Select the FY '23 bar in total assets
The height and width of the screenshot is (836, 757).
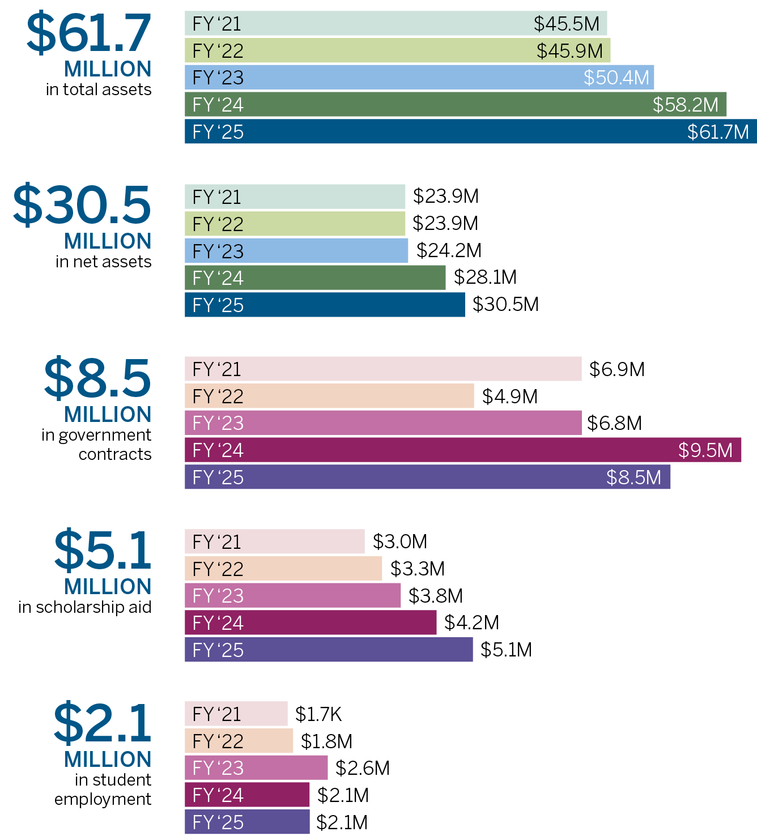(x=419, y=78)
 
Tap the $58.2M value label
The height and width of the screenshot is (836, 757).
(x=685, y=105)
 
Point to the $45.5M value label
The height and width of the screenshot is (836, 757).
(x=566, y=24)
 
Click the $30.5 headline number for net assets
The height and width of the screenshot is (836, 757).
(x=82, y=205)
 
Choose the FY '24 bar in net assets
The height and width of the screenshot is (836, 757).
(x=315, y=278)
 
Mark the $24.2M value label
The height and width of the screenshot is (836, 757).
(x=449, y=250)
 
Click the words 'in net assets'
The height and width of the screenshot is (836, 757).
(x=104, y=262)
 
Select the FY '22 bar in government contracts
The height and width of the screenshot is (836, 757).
(x=329, y=396)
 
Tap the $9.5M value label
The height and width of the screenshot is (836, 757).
(x=705, y=450)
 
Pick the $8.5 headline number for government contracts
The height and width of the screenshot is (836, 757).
(x=97, y=378)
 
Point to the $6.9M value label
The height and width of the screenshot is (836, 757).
(x=616, y=369)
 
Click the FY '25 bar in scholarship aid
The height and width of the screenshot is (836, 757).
(x=329, y=650)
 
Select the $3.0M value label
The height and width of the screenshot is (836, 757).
(x=399, y=541)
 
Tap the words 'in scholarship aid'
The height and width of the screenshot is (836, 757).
(x=85, y=607)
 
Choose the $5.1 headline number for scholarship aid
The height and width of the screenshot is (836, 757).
(x=103, y=550)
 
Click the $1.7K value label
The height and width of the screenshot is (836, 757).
(x=318, y=714)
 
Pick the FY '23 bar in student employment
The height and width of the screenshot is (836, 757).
(x=256, y=768)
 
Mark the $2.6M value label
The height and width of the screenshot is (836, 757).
(x=362, y=768)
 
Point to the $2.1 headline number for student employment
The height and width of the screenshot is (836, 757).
(x=103, y=723)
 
